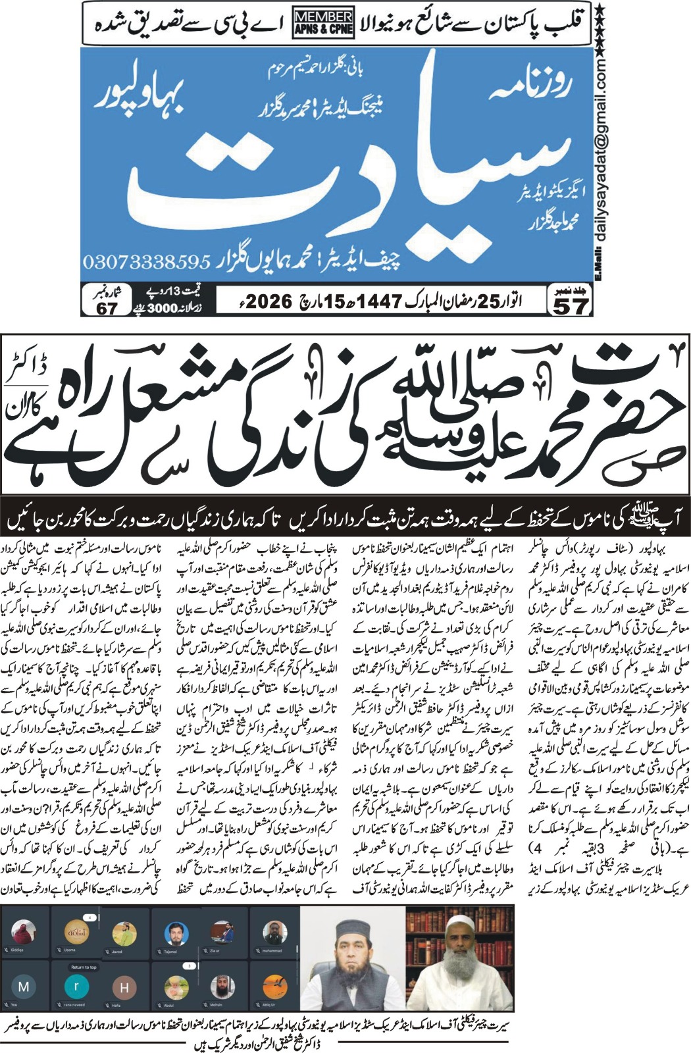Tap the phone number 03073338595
click(x=146, y=261)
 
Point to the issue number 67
click(x=107, y=308)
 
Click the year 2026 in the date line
click(x=270, y=301)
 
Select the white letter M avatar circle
click(x=24, y=987)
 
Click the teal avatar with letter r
click(x=76, y=986)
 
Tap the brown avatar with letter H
click(x=124, y=987)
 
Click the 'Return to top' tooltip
click(x=84, y=967)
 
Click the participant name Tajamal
click(x=170, y=951)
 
